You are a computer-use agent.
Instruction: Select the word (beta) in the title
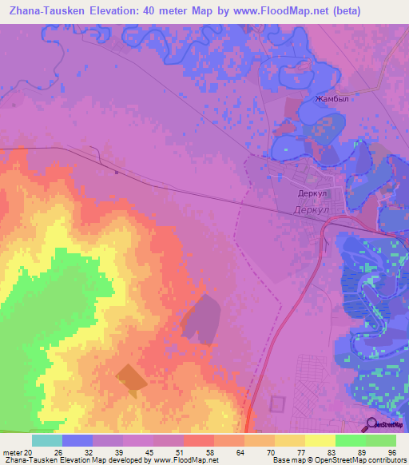324,11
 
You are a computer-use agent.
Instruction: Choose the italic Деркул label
310,209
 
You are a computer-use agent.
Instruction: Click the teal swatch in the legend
46,439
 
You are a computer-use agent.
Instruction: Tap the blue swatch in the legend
77,439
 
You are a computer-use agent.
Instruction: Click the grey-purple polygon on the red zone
201,319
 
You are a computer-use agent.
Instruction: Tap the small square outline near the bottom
277,404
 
